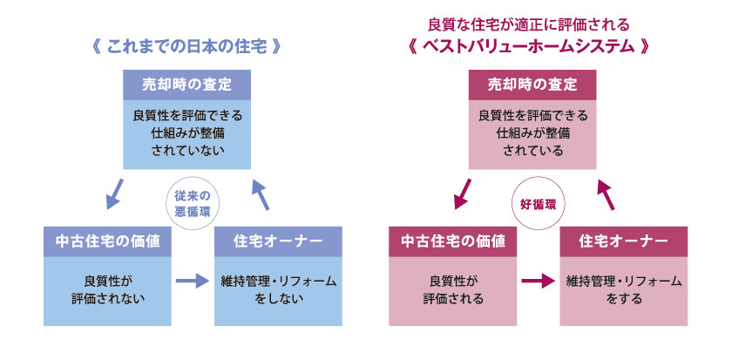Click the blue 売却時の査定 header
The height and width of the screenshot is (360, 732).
point(186,85)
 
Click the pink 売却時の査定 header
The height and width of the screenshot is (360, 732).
point(532,85)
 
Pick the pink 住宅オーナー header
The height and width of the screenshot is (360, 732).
point(623,241)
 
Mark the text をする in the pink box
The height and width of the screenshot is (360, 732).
point(623,298)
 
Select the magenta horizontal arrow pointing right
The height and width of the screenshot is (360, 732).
point(538,281)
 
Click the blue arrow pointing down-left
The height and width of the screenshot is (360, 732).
point(113,194)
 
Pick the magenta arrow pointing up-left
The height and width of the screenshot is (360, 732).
point(606,194)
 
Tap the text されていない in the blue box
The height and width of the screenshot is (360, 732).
point(186,150)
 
